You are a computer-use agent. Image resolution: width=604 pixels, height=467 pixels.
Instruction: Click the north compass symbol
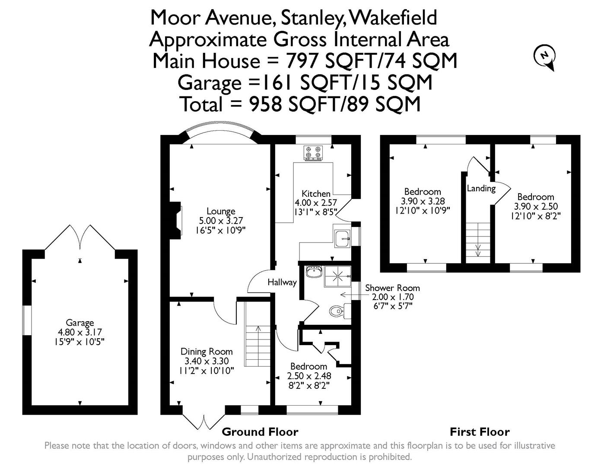pyautogui.click(x=545, y=57)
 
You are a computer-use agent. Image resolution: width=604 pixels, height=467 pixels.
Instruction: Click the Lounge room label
pyautogui.click(x=221, y=211)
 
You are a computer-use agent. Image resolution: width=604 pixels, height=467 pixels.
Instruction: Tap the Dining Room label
pyautogui.click(x=207, y=352)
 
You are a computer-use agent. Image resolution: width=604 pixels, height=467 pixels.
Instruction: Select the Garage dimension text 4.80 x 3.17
pyautogui.click(x=80, y=332)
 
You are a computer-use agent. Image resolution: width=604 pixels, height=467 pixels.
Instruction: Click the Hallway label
pyautogui.click(x=282, y=282)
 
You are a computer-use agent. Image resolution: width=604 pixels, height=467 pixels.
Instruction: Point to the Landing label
pyautogui.click(x=481, y=188)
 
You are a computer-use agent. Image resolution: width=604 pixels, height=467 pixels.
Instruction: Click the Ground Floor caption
pyautogui.click(x=260, y=432)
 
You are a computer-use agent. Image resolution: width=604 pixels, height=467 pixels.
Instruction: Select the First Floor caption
pyautogui.click(x=480, y=432)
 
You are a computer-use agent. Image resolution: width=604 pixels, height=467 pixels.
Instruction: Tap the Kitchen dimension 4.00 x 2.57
pyautogui.click(x=316, y=202)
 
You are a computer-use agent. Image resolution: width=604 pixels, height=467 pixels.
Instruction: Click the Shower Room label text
pyautogui.click(x=392, y=288)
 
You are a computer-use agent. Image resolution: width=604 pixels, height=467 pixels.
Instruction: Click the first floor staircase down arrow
pyautogui.click(x=478, y=250)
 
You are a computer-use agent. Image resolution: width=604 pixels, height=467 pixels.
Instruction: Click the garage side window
pyautogui.click(x=26, y=320)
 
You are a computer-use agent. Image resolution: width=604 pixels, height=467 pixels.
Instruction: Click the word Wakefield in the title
pyautogui.click(x=393, y=18)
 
